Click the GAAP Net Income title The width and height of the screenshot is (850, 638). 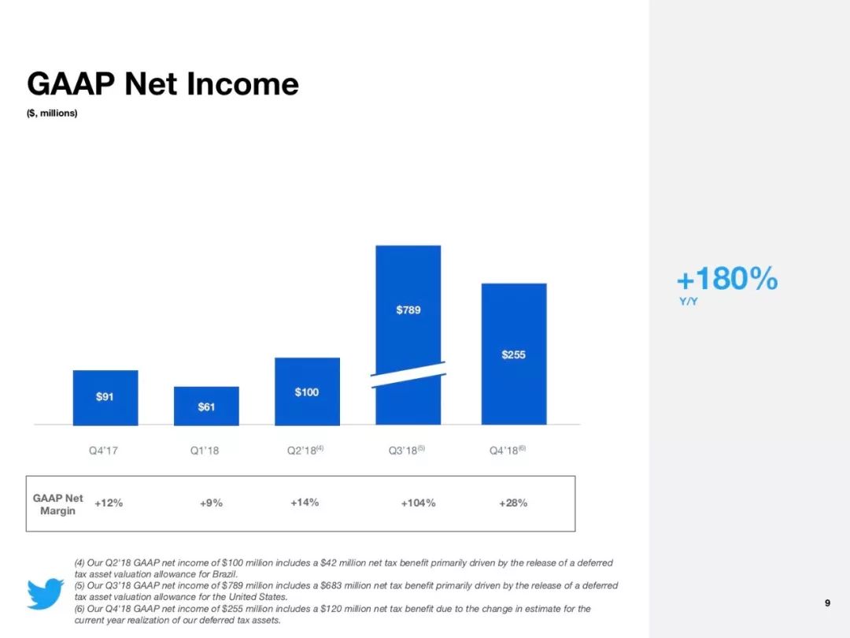coord(163,84)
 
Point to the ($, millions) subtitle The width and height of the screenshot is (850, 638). coord(52,113)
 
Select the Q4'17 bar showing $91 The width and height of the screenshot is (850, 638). coord(105,398)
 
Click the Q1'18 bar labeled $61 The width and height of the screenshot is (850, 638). coord(206,406)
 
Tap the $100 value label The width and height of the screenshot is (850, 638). coord(307,391)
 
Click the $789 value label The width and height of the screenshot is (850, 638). coord(408,310)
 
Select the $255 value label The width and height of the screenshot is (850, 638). coord(513,354)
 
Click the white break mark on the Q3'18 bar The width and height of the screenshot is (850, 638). coord(408,374)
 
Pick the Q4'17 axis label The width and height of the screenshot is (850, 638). coord(103,451)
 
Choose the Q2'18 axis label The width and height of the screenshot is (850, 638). coord(305,451)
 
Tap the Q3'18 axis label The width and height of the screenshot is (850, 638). coord(407,451)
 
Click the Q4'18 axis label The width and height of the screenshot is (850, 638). coord(508,451)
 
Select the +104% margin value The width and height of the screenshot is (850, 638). coord(418,503)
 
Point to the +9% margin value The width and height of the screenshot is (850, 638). coord(211,503)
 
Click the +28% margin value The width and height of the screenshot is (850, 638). coord(513,503)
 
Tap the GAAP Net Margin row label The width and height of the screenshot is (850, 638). coord(58,504)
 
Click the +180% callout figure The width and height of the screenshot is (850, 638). coord(727,278)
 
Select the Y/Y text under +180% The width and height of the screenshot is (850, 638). coord(689,301)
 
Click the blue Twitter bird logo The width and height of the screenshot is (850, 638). coord(46,593)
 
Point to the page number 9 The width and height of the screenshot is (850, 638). coord(827,603)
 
